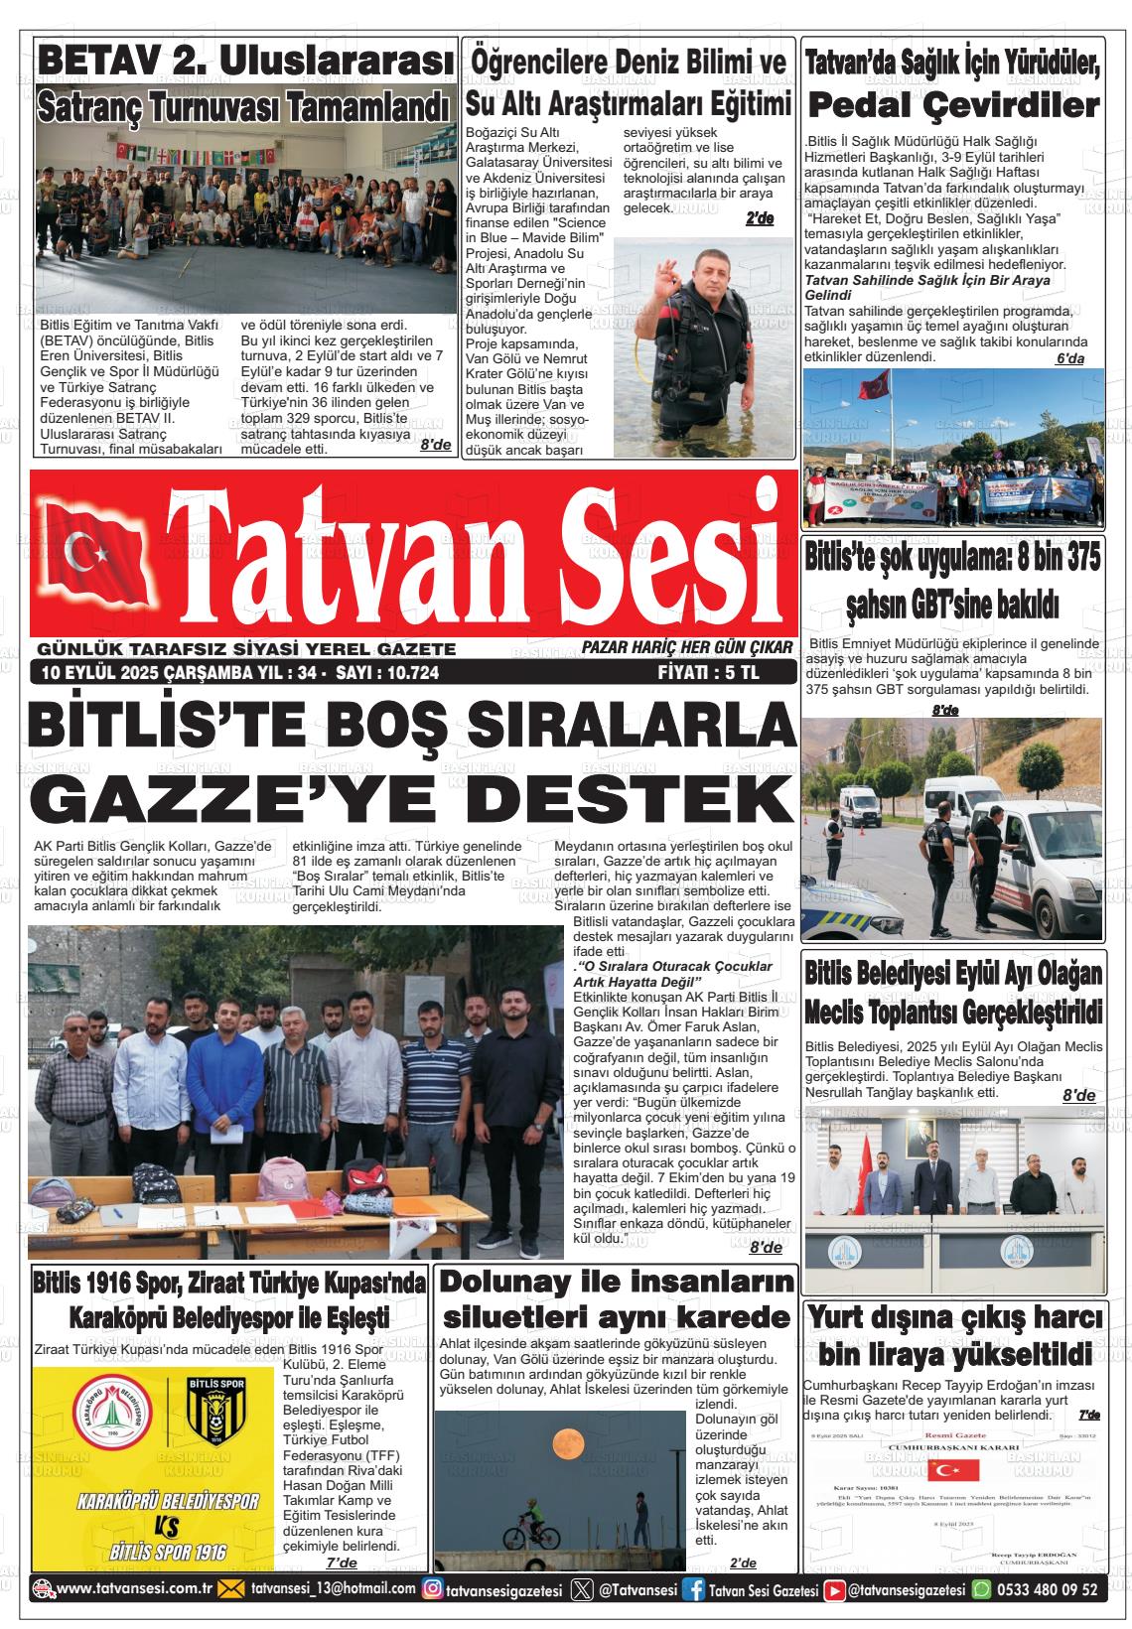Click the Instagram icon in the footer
[x=433, y=1589]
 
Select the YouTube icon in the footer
[x=834, y=1589]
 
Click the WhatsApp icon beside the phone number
[x=981, y=1589]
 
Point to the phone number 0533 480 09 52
[x=1048, y=1589]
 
